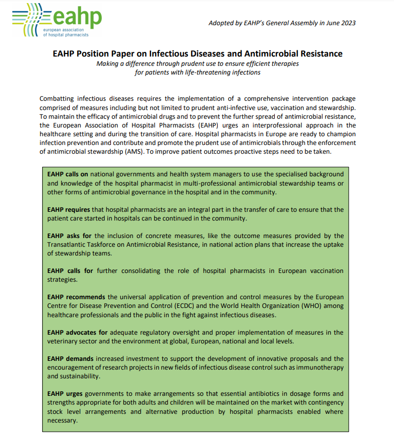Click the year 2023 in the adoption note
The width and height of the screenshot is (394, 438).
pos(347,23)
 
